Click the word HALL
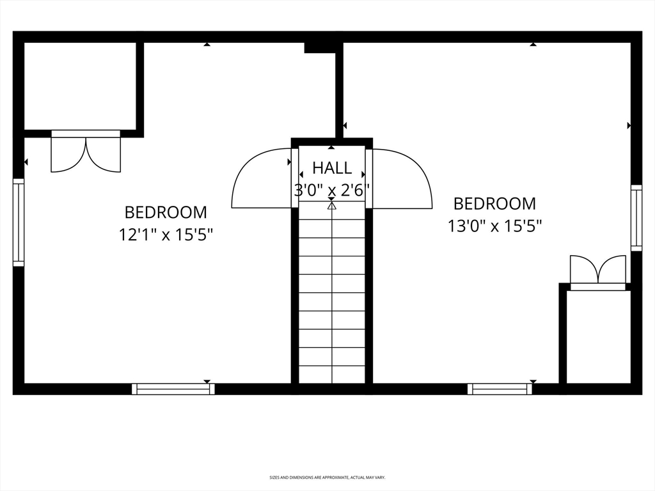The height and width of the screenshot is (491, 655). pyautogui.click(x=332, y=168)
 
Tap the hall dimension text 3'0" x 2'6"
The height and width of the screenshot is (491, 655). pyautogui.click(x=332, y=191)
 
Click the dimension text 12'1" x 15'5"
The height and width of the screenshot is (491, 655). pyautogui.click(x=166, y=235)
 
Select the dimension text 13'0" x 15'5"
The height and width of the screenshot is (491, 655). pyautogui.click(x=495, y=226)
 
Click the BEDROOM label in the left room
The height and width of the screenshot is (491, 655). pyautogui.click(x=166, y=212)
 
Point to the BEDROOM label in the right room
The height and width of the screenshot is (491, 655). pyautogui.click(x=494, y=204)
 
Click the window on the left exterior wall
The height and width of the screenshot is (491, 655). pyautogui.click(x=19, y=222)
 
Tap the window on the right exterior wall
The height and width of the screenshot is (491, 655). pyautogui.click(x=636, y=218)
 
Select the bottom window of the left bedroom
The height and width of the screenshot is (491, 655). pyautogui.click(x=173, y=389)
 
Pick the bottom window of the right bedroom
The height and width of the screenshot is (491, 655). pyautogui.click(x=500, y=389)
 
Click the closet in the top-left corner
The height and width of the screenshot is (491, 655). pyautogui.click(x=80, y=86)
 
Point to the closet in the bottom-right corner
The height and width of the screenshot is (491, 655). pyautogui.click(x=598, y=337)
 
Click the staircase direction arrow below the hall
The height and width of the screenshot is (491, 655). pyautogui.click(x=332, y=205)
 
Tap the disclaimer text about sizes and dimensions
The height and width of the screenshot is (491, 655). pyautogui.click(x=327, y=477)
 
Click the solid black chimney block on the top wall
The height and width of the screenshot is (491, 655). pyautogui.click(x=320, y=47)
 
